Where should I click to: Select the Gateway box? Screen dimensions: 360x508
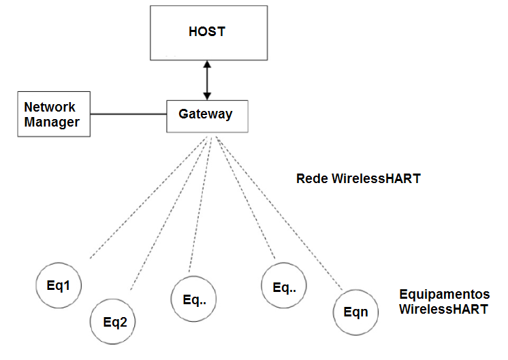(x=206, y=115)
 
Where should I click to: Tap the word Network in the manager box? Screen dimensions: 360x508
(x=50, y=108)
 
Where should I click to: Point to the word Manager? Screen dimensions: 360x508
(x=52, y=122)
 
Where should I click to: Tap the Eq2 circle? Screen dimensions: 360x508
(x=114, y=322)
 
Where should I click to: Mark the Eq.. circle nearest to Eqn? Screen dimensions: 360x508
(x=283, y=287)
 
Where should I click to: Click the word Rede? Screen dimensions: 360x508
(x=312, y=179)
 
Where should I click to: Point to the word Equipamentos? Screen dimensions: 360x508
(x=444, y=295)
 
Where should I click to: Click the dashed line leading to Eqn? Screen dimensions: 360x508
(x=279, y=211)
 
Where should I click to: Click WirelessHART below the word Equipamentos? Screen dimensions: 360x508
(x=443, y=309)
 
